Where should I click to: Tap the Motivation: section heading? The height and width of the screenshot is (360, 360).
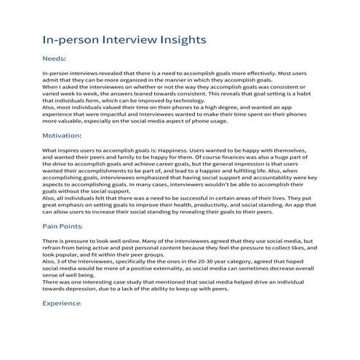pos(62,135)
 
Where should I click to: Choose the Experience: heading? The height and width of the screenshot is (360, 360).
pos(62,303)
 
